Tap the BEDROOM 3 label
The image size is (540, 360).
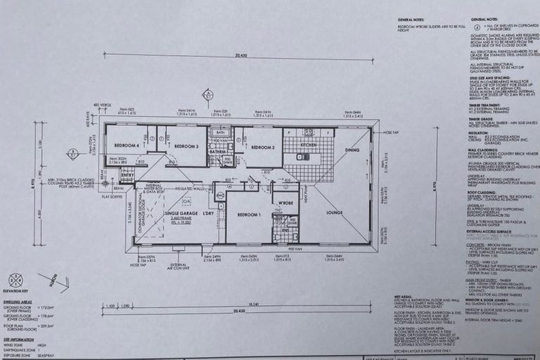(x=186, y=146)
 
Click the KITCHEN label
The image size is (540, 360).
(x=309, y=144)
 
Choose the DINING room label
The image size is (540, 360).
(x=352, y=149)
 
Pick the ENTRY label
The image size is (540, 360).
(x=127, y=176)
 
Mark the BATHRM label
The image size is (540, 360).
(x=217, y=151)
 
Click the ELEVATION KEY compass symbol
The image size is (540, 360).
(x=15, y=280)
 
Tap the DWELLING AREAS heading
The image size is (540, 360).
(x=19, y=302)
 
